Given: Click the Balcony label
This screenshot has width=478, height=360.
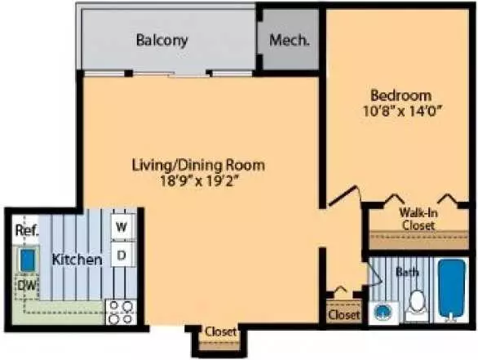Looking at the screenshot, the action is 162,40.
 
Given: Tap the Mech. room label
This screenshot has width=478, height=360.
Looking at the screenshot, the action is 290,40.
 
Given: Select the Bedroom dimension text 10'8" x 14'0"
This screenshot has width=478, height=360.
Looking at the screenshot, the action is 403,111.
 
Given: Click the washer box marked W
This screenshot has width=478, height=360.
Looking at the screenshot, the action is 122,226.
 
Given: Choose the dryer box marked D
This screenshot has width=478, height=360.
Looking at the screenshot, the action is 122,255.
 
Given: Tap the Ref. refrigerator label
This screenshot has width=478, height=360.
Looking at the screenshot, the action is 27,230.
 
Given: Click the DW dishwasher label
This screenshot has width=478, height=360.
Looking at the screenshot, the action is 27,286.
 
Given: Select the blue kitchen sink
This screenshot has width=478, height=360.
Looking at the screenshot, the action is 28,260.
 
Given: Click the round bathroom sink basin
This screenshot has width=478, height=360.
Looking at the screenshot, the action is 382,313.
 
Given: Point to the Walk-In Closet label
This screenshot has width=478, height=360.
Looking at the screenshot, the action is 418,219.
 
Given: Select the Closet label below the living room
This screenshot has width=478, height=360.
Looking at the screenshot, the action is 221,331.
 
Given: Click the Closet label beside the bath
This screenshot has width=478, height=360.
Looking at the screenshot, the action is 344,314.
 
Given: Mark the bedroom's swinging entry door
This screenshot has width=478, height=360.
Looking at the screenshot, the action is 343,195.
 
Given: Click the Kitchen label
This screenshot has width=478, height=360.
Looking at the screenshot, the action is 77,260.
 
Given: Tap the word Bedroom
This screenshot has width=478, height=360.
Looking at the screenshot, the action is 401,96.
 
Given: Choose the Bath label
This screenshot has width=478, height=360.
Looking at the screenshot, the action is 407,271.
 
